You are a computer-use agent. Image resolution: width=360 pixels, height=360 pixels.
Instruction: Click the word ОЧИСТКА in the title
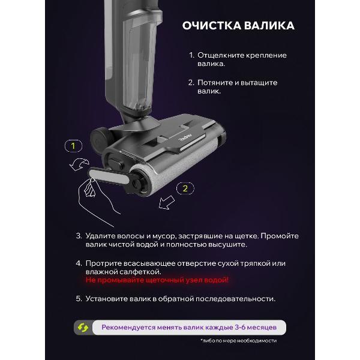tap(211, 25)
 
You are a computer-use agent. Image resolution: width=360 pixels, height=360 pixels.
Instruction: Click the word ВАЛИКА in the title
tap(269, 25)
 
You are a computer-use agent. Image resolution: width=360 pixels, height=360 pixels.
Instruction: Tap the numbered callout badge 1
tap(73, 146)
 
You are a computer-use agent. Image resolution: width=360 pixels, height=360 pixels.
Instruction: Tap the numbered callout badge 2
tap(185, 188)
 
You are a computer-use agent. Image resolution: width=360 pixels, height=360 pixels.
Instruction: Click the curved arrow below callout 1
tap(79, 164)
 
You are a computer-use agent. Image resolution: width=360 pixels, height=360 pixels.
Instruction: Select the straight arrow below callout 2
tap(167, 202)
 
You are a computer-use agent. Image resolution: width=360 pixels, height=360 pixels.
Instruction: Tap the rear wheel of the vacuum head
tap(99, 139)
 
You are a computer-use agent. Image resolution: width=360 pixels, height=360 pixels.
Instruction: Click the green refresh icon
tap(83, 328)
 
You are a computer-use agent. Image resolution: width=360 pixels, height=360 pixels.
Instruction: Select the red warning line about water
tap(157, 280)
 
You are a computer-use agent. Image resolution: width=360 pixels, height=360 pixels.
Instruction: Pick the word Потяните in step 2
tap(215, 83)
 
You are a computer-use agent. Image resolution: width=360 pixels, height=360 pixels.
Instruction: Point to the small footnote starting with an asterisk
tap(239, 341)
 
